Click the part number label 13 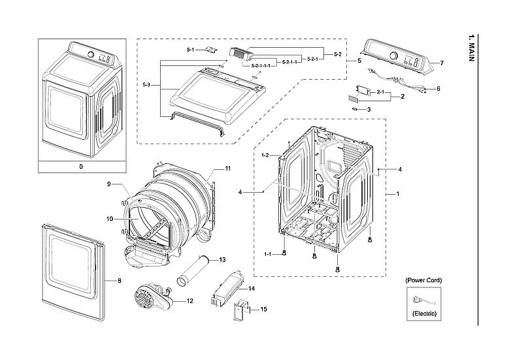(x=222, y=259)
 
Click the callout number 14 (x=252, y=288)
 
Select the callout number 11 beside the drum (x=228, y=169)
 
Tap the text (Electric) (x=423, y=314)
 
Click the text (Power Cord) (x=423, y=280)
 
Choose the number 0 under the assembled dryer (x=81, y=167)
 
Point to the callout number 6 (x=438, y=88)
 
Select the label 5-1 (x=190, y=50)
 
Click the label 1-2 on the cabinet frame (x=266, y=155)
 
